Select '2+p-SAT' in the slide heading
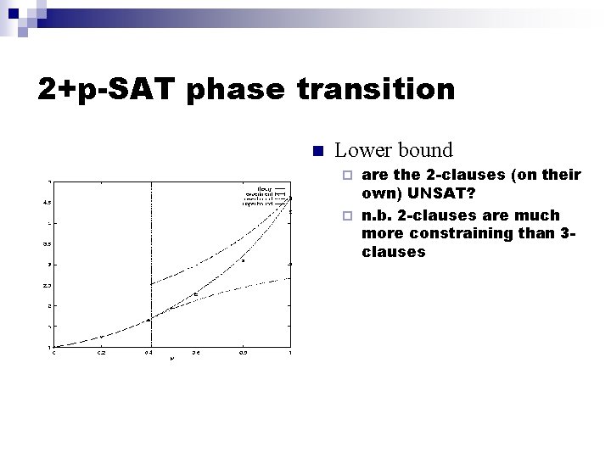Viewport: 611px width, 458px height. coord(110,89)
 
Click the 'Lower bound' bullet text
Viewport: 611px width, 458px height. coord(394,151)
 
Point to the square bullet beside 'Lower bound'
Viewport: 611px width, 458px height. coord(317,152)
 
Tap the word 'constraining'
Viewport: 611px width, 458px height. coord(457,233)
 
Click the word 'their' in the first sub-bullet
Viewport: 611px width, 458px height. coord(562,176)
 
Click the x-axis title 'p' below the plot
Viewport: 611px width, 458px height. coord(172,360)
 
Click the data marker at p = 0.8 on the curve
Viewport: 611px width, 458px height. coord(243,260)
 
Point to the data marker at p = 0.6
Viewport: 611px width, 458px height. coord(196,294)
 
